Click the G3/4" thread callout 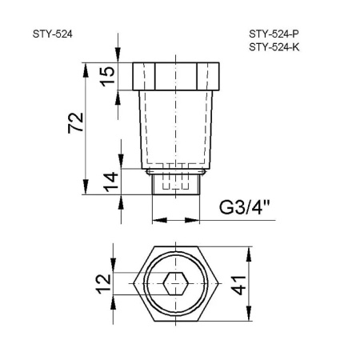point(245,212)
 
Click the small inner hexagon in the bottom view point(176,284)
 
